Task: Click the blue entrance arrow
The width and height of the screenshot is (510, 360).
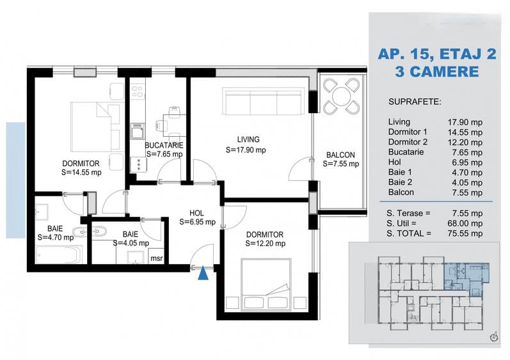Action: (203, 273)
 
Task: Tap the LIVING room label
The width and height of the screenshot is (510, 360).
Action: (248, 139)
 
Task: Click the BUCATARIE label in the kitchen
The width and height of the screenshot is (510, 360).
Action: (164, 145)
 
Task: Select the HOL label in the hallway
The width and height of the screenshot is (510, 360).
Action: (196, 213)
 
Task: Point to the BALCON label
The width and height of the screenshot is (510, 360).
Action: (340, 155)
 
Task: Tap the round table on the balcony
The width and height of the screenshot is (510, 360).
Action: (341, 96)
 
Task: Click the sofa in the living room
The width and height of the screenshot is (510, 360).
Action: (264, 101)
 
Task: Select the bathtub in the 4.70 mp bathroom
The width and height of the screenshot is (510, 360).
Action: (59, 254)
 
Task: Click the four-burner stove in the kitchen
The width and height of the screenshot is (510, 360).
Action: (138, 91)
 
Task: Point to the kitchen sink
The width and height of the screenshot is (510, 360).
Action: (138, 131)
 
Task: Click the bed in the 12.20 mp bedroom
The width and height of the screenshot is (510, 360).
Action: (266, 284)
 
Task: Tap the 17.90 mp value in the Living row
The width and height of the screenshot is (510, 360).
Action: (465, 123)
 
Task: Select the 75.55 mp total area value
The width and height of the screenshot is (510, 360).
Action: (465, 233)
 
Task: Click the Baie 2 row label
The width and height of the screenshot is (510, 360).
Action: (400, 182)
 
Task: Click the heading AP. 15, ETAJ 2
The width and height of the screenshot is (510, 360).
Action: (437, 54)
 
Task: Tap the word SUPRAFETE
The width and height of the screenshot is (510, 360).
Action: (415, 102)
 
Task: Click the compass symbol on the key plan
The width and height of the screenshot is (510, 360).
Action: (494, 336)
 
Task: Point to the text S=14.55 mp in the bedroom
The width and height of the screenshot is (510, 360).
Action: (81, 173)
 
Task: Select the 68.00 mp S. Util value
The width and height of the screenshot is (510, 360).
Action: (465, 224)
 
